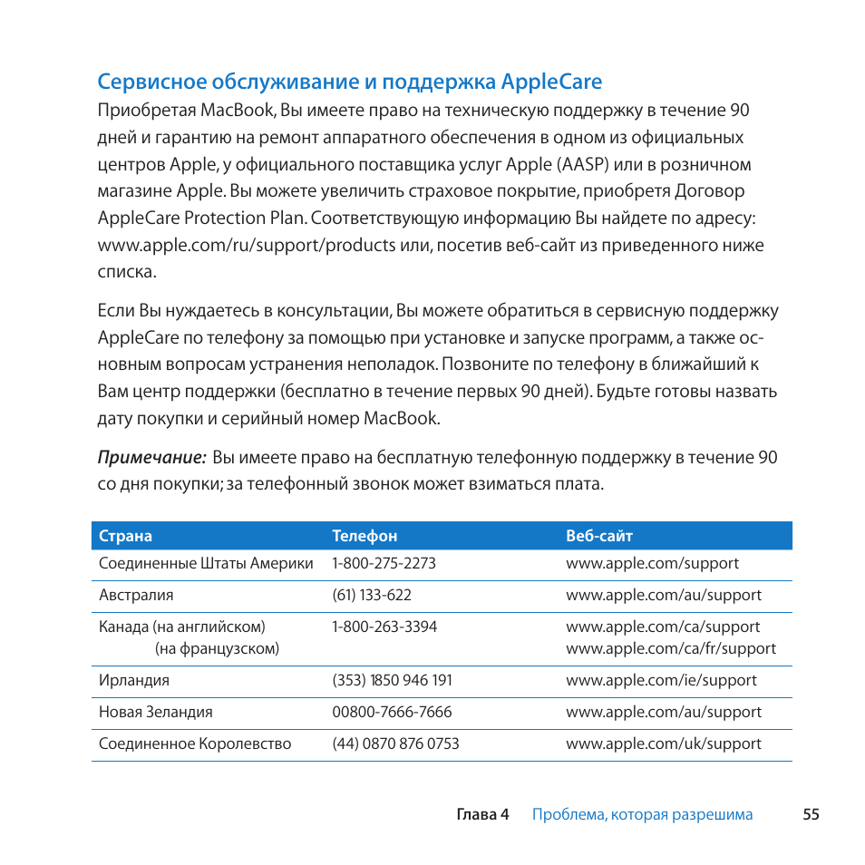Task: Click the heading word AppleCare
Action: pyautogui.click(x=551, y=83)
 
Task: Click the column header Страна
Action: pyautogui.click(x=125, y=536)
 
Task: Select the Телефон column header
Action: pyautogui.click(x=364, y=536)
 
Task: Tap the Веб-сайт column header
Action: pyautogui.click(x=599, y=536)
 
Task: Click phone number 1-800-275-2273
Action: pyautogui.click(x=384, y=563)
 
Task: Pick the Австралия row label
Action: pyautogui.click(x=136, y=595)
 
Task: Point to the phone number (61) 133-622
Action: pyautogui.click(x=372, y=595)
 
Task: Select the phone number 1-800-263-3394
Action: pyautogui.click(x=384, y=627)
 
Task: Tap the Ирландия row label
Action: pyautogui.click(x=134, y=680)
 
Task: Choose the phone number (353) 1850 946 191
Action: pyautogui.click(x=392, y=680)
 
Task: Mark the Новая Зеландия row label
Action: pyautogui.click(x=156, y=712)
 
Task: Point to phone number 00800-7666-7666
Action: pyautogui.click(x=392, y=712)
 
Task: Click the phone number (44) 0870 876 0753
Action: pyautogui.click(x=395, y=744)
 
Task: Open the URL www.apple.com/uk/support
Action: pyautogui.click(x=664, y=744)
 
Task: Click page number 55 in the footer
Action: pyautogui.click(x=811, y=814)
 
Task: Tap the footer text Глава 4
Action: pyautogui.click(x=482, y=814)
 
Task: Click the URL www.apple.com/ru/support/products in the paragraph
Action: pyautogui.click(x=247, y=246)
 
